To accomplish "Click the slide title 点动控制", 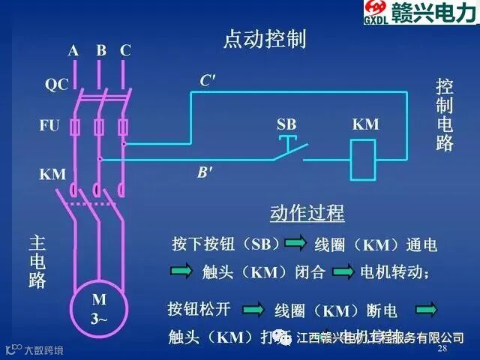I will pyautogui.click(x=265, y=39).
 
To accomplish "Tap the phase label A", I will pyautogui.click(x=73, y=51).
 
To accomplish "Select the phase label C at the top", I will pyautogui.click(x=125, y=51).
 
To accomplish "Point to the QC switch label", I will pyautogui.click(x=56, y=85).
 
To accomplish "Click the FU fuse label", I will pyautogui.click(x=49, y=125).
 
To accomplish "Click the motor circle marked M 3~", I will pyautogui.click(x=100, y=308).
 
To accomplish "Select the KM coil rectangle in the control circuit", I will pyautogui.click(x=364, y=157).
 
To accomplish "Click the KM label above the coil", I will pyautogui.click(x=365, y=125).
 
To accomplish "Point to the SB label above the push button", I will pyautogui.click(x=286, y=124).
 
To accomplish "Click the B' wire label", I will pyautogui.click(x=204, y=172).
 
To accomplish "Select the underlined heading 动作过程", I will pyautogui.click(x=307, y=213).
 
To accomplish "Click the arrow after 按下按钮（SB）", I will pyautogui.click(x=294, y=244).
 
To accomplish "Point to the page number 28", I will pyautogui.click(x=442, y=349).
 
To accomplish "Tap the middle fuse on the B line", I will pyautogui.click(x=99, y=127).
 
